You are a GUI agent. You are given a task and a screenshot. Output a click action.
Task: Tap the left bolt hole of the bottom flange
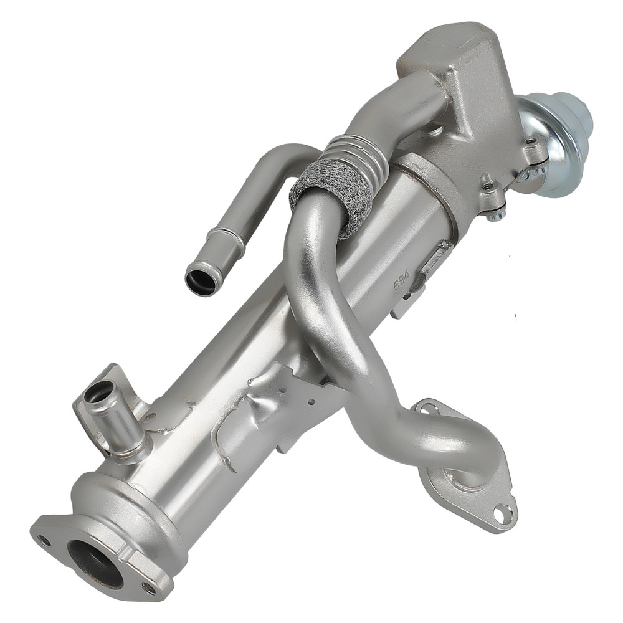43,540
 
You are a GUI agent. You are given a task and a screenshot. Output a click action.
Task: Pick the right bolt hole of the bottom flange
148,587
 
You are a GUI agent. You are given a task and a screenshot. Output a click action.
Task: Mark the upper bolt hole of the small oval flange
429,409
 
